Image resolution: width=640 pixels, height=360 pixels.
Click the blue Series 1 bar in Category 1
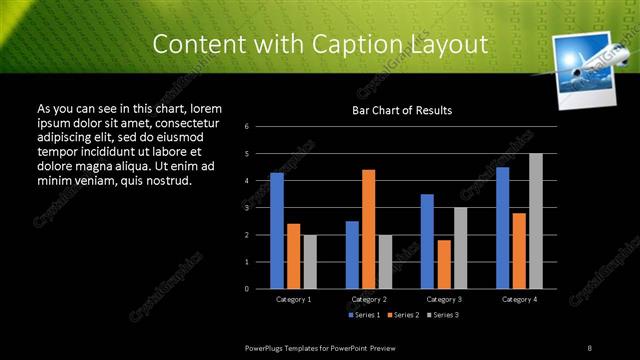[277, 231]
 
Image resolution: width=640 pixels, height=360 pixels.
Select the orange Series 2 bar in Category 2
[369, 229]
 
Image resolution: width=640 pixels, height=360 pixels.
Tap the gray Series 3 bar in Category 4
[536, 221]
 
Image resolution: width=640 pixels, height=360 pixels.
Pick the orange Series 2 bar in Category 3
[444, 264]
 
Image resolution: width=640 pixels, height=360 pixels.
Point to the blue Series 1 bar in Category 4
[502, 228]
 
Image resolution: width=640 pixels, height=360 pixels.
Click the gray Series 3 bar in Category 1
[310, 262]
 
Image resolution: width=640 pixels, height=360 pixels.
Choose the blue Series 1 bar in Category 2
[352, 255]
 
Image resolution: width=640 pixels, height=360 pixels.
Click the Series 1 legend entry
[363, 315]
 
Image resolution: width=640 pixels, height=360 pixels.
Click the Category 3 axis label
[444, 299]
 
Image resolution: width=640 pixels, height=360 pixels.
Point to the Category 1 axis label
[293, 299]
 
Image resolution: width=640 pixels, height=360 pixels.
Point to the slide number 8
[590, 347]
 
